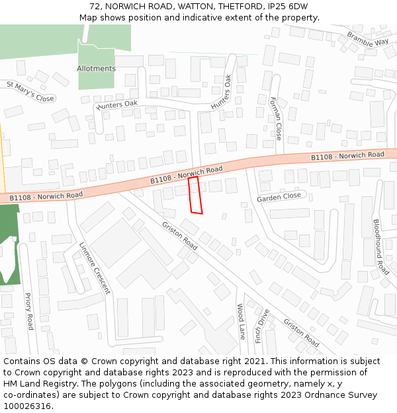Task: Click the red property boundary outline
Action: coord(195,195)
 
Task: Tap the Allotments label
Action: coord(96,69)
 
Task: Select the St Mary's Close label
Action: coord(30,92)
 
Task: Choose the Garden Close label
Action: coord(279,197)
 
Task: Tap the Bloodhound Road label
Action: coord(381,247)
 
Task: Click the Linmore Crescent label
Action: coord(95,268)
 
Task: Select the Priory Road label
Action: coord(29,311)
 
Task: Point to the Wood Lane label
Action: coord(241,322)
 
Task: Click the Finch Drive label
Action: coord(261,325)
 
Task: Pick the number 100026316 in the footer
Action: coord(27,406)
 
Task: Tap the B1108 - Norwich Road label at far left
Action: coord(46,196)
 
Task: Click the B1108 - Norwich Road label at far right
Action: coord(347,156)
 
